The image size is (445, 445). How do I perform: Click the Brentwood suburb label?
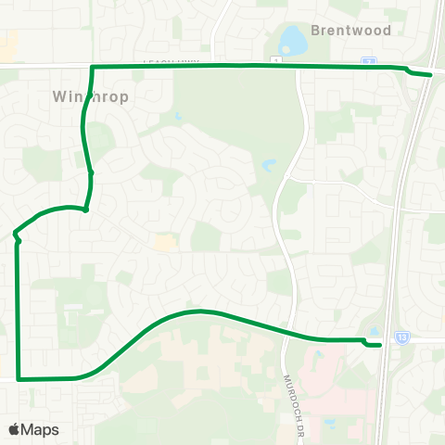coord(351,30)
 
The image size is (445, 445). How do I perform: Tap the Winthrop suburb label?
coord(90,95)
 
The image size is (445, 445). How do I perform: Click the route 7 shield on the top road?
coord(369,60)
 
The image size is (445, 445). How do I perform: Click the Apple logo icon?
coord(14,429)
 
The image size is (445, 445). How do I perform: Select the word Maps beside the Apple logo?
coord(40,429)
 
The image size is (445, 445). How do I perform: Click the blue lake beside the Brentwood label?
coord(293,39)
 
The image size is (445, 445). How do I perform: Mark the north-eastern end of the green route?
coord(431,75)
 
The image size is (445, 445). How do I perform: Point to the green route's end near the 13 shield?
coord(380,346)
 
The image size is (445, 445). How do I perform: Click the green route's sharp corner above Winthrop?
coord(92,68)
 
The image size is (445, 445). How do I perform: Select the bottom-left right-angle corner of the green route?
coord(19,379)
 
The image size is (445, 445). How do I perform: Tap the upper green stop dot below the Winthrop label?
coord(91,172)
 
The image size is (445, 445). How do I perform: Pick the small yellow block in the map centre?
coord(166,242)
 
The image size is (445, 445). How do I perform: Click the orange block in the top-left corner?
coord(8,44)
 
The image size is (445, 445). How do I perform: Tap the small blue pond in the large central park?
coord(268,166)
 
